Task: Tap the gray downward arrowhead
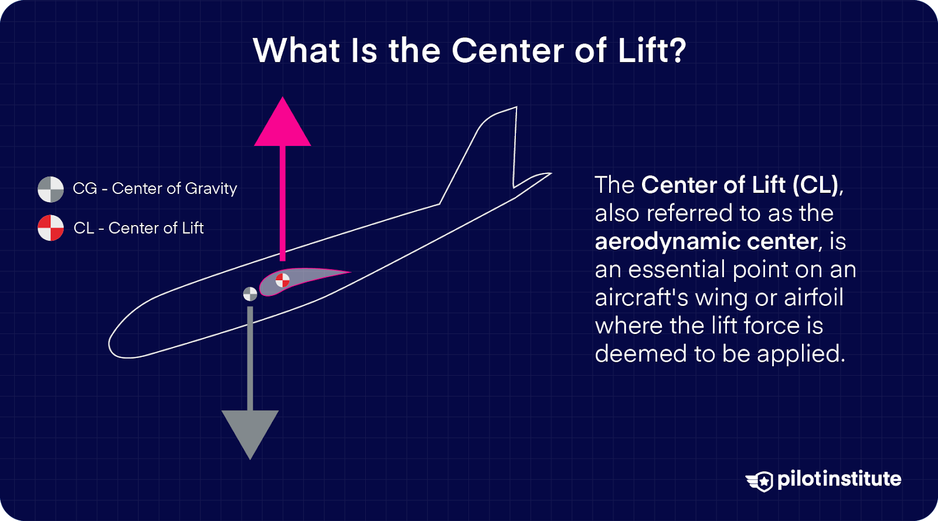[x=250, y=431]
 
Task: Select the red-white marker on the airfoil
[x=283, y=280]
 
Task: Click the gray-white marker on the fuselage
[x=250, y=294]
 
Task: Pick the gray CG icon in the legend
[x=51, y=189]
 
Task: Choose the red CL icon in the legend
[x=51, y=228]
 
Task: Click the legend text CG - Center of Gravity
[x=155, y=189]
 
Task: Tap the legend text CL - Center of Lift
[x=138, y=228]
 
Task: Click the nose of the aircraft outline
[x=115, y=343]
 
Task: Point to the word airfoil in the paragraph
[x=814, y=298]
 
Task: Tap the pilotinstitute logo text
[x=839, y=479]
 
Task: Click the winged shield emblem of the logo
[x=760, y=481]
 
